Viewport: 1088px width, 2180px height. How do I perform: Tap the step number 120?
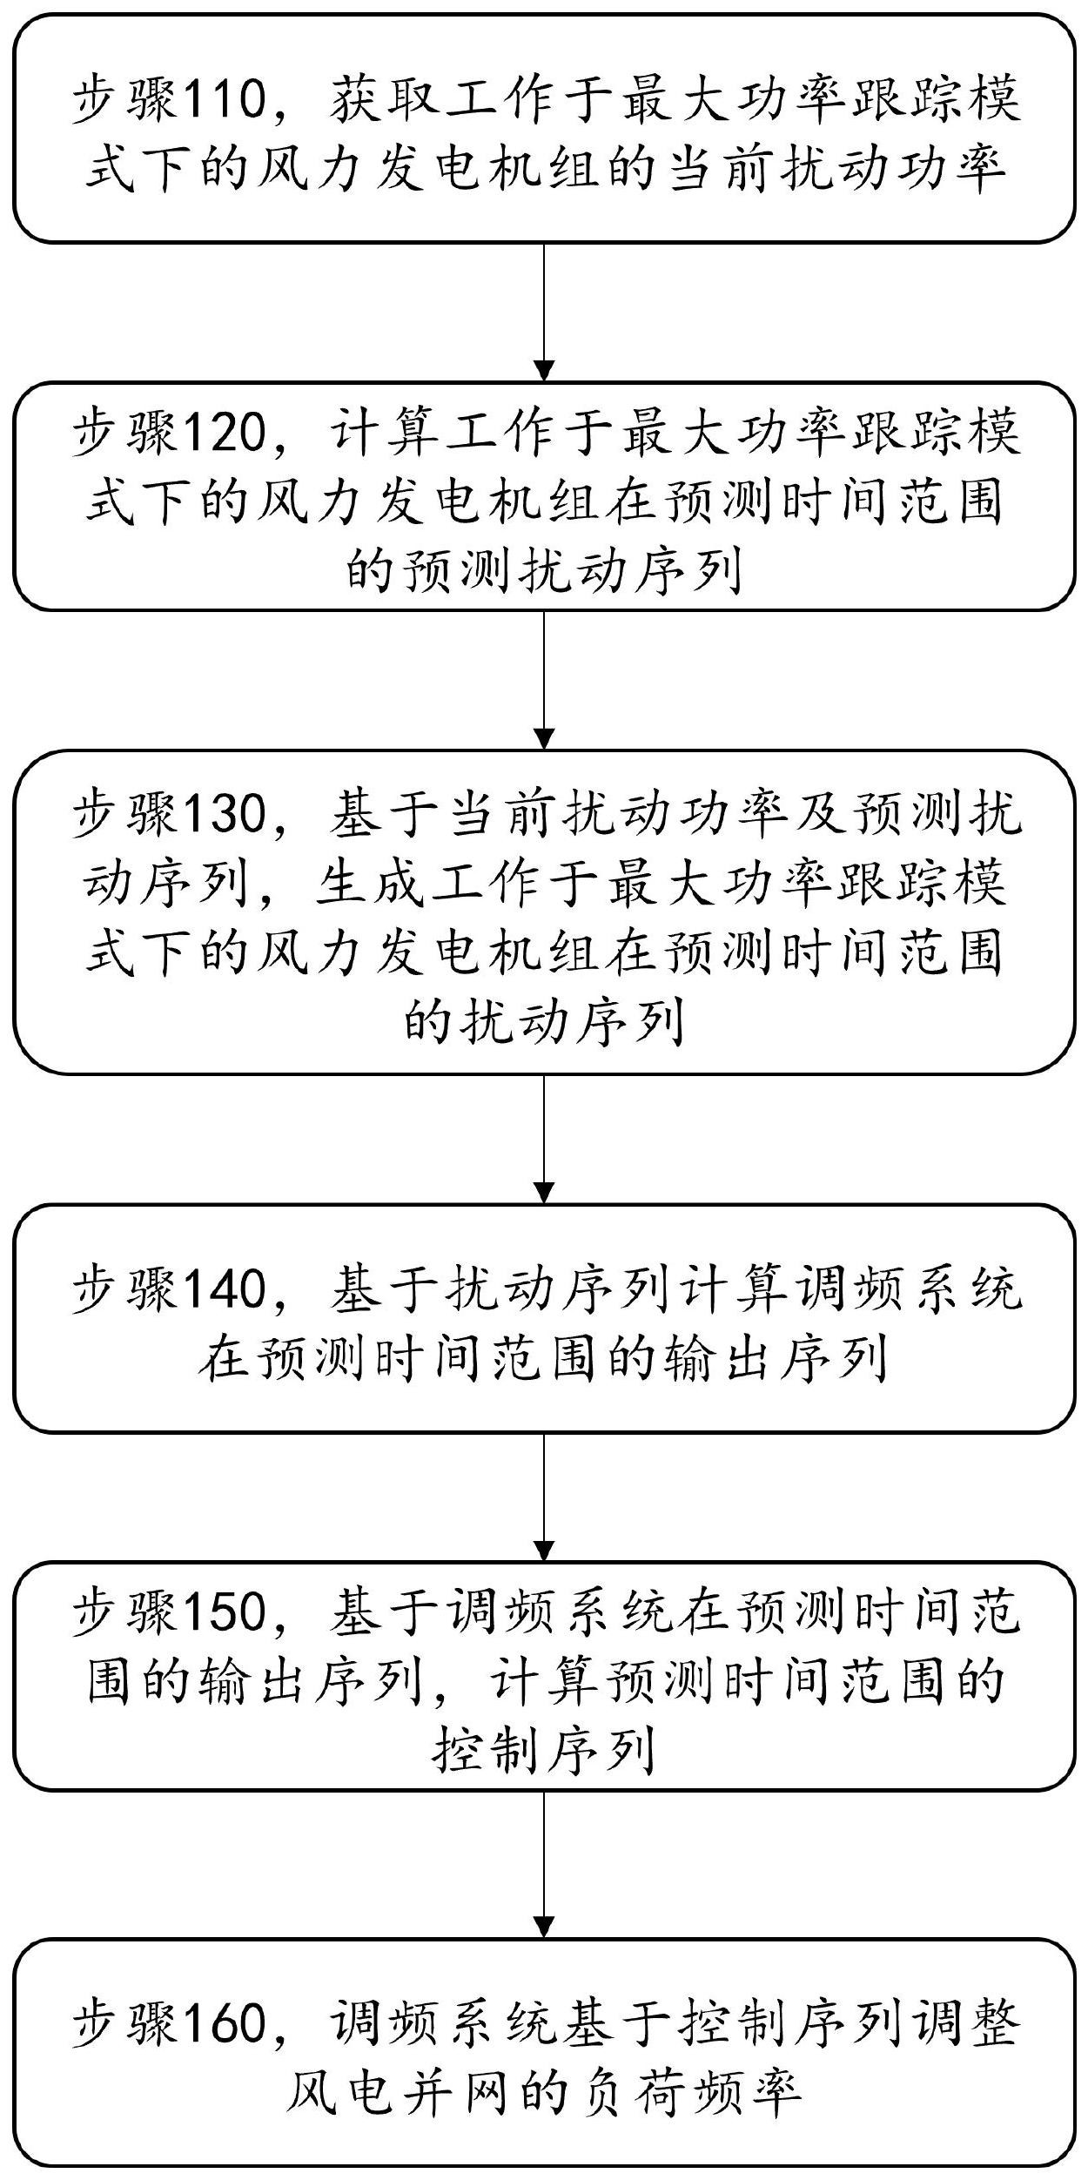[225, 432]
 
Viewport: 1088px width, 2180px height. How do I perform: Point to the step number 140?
[225, 1288]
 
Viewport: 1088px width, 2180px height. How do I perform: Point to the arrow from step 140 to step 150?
[544, 1497]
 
